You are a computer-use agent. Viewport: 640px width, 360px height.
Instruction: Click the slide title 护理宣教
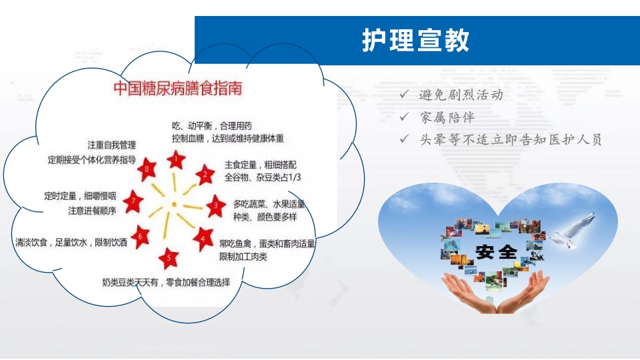click(x=416, y=40)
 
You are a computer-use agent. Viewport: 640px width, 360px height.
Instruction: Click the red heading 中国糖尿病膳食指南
click(x=177, y=88)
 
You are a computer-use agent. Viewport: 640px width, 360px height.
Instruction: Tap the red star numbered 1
click(x=175, y=159)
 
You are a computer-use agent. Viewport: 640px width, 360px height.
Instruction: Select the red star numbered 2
click(x=205, y=176)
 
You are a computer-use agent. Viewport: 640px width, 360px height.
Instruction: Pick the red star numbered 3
click(x=215, y=206)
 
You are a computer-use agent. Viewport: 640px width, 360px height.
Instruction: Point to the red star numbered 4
click(x=203, y=237)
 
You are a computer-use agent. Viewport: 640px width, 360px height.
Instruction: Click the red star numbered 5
click(x=169, y=257)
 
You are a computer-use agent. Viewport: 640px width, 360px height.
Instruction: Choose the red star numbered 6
click(x=141, y=235)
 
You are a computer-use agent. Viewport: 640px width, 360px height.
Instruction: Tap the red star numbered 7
click(x=134, y=200)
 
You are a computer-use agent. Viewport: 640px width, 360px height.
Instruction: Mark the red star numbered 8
click(x=147, y=169)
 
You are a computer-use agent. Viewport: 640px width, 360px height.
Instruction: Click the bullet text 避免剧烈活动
click(x=461, y=95)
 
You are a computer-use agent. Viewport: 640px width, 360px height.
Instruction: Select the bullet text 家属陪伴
click(x=447, y=117)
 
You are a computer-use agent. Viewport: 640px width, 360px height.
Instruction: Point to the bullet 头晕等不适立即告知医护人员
click(x=510, y=139)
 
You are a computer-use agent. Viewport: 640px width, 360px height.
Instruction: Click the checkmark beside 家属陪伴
click(x=404, y=117)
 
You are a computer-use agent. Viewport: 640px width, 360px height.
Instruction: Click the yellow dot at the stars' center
click(x=173, y=203)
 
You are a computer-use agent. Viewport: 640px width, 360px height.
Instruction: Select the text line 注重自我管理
click(x=111, y=145)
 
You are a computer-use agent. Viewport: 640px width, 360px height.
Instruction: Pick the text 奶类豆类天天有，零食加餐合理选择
click(x=166, y=282)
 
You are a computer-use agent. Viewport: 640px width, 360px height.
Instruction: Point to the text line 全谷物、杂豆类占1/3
click(x=263, y=177)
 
